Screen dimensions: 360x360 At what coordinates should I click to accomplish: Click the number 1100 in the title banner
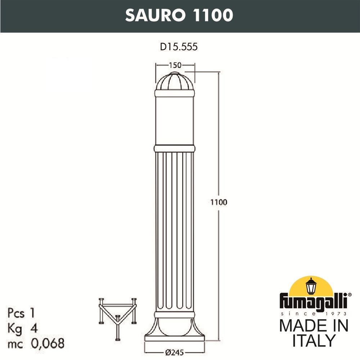coord(213,15)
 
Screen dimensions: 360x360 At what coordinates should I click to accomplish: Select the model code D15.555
coord(179,47)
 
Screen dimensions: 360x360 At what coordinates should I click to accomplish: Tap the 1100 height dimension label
coord(219,202)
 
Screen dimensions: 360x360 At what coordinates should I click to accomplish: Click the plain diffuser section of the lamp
coord(175,121)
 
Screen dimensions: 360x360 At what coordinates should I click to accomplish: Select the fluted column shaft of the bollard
coord(175,230)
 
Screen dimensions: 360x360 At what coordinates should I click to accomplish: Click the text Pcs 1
coord(21,313)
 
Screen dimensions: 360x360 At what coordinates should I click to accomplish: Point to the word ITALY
coord(314,341)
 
